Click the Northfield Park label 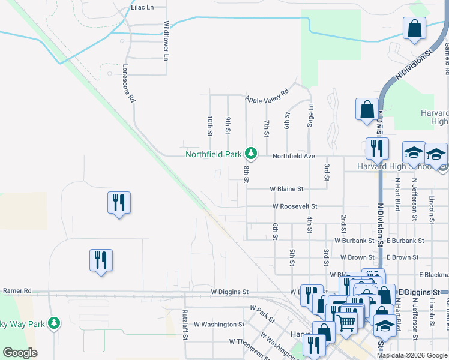tap(213, 154)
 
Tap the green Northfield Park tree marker tap(251, 154)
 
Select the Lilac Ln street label tap(142, 7)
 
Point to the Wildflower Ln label tap(166, 41)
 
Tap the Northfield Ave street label tap(294, 156)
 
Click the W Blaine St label tap(286, 188)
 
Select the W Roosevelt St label tap(294, 206)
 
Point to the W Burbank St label tap(354, 240)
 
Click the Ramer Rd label tap(17, 290)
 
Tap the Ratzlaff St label tap(185, 324)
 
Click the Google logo tap(20, 353)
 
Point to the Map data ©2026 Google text tap(412, 355)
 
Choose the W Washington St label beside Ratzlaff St tap(223, 325)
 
